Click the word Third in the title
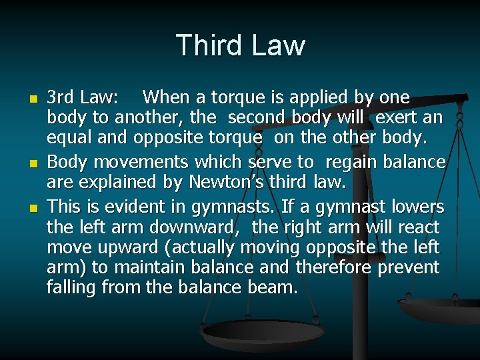coord(207,45)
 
